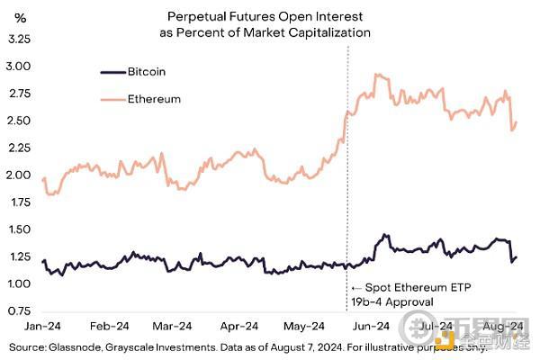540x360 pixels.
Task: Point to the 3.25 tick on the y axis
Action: click(20, 40)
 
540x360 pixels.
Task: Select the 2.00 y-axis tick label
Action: click(20, 175)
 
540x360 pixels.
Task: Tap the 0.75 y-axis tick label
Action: click(20, 310)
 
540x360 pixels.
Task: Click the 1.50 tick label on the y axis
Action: click(20, 229)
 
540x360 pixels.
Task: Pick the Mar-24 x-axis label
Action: click(173, 327)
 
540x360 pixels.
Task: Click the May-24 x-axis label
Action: click(304, 327)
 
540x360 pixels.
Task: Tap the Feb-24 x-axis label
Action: click(108, 327)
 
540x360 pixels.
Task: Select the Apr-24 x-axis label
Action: click(239, 327)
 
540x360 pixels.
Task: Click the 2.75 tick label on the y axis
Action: click(20, 94)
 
